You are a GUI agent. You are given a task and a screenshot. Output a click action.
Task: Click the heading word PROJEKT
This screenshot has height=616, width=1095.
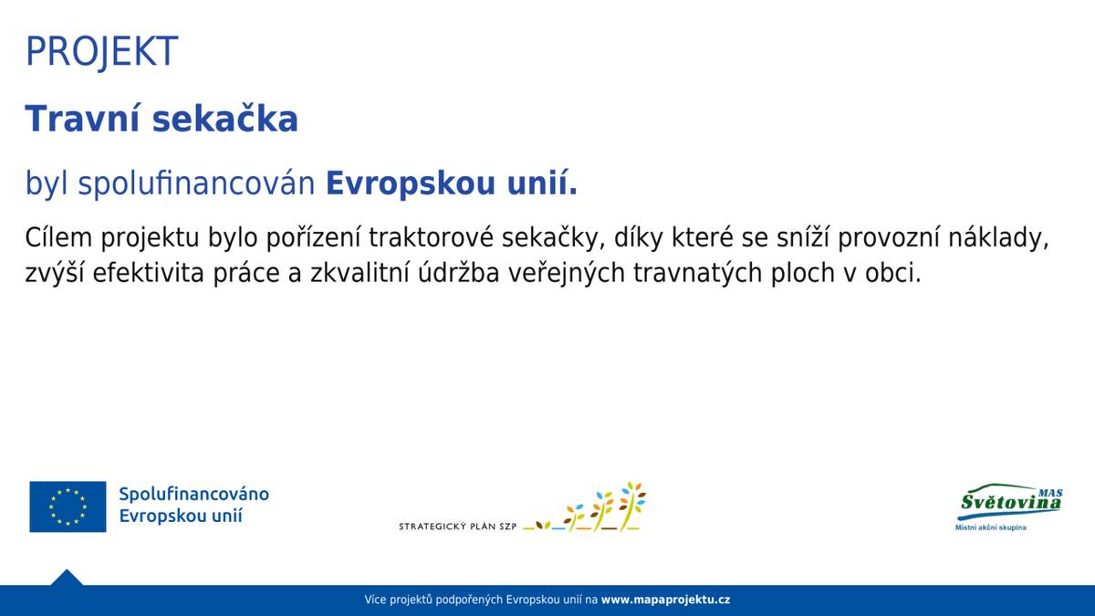click(x=101, y=52)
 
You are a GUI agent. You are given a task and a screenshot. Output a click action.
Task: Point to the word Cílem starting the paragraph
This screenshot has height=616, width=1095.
click(x=59, y=238)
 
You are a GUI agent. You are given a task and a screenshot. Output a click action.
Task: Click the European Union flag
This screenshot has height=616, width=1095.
click(x=68, y=506)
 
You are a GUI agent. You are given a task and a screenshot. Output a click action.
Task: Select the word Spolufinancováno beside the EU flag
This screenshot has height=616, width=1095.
click(x=193, y=494)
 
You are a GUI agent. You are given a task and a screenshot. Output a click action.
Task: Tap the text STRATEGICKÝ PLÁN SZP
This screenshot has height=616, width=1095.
click(x=457, y=527)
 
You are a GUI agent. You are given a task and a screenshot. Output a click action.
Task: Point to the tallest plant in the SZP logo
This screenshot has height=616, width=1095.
click(x=631, y=505)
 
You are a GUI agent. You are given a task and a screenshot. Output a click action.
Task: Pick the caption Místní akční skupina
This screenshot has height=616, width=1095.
click(x=990, y=527)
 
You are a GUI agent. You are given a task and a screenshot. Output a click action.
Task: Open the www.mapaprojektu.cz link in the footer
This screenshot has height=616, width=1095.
click(x=665, y=600)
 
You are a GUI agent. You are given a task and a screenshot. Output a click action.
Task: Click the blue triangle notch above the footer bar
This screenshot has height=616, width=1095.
click(x=67, y=579)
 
